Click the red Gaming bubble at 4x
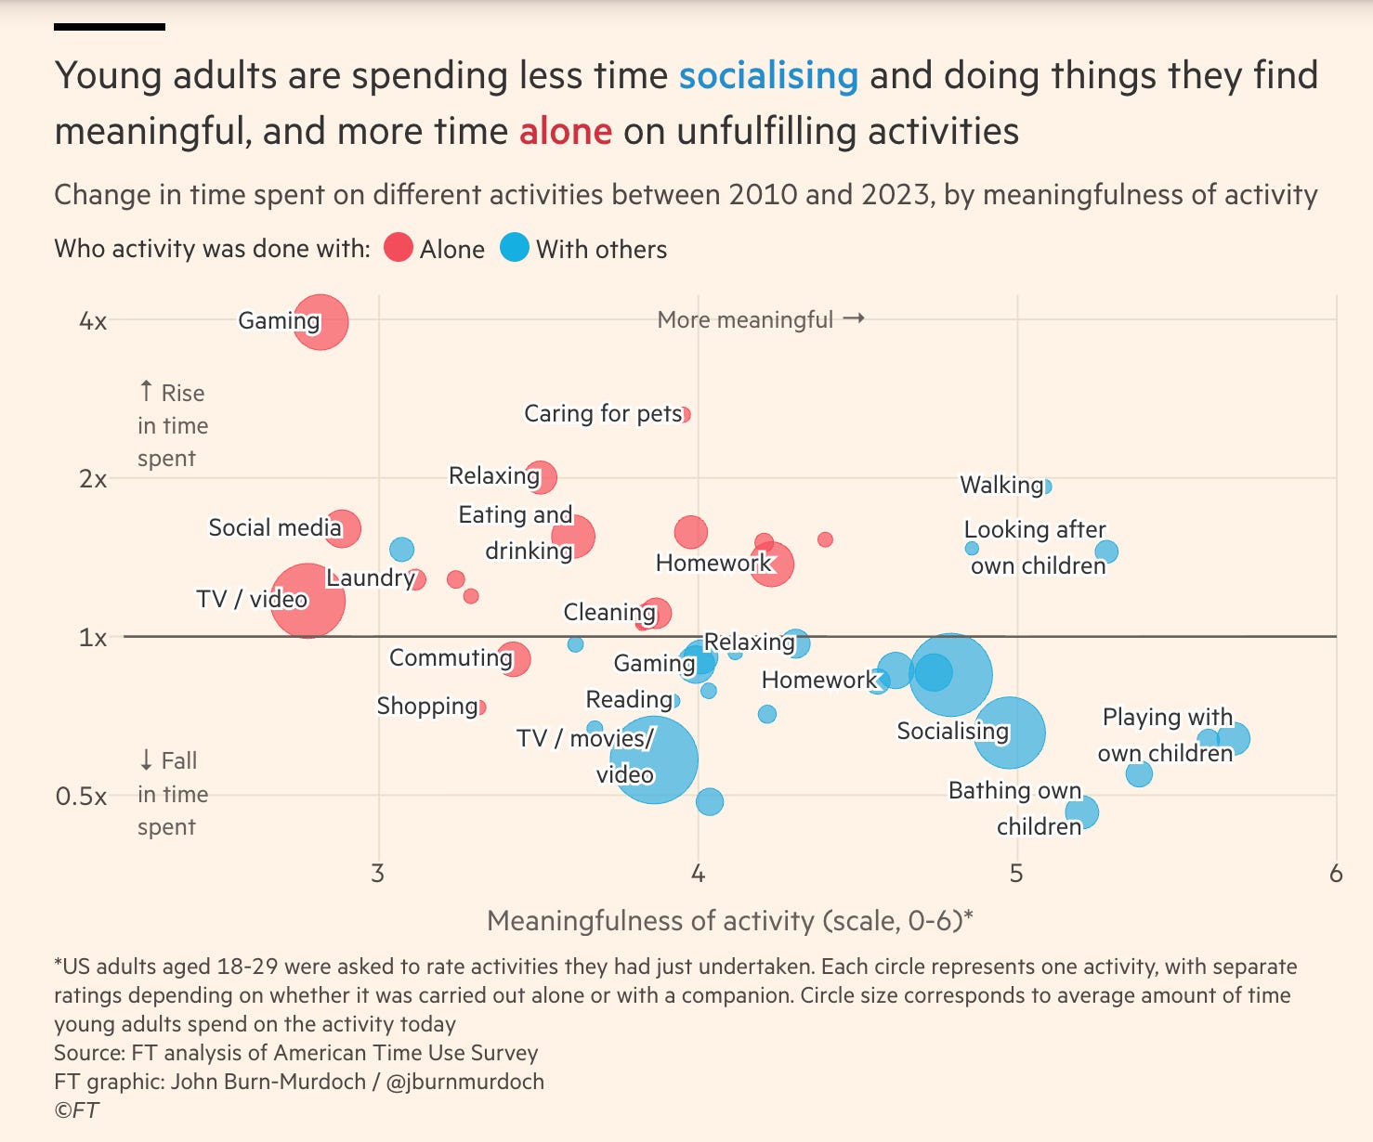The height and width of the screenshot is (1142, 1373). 321,321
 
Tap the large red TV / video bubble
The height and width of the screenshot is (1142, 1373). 307,600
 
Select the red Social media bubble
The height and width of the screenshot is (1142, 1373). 343,528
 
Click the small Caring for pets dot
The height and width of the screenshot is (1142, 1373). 686,414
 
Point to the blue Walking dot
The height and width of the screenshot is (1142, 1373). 1047,486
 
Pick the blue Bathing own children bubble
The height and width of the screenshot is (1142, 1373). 1081,812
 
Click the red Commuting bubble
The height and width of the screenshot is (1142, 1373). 514,659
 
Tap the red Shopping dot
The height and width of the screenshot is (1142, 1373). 480,707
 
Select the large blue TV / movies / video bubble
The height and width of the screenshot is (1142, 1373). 654,759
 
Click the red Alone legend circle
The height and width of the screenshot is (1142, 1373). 399,249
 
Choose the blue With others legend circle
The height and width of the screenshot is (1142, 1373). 515,249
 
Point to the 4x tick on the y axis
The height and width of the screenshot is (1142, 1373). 93,321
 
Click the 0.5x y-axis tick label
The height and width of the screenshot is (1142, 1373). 81,797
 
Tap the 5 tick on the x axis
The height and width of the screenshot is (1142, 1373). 1016,874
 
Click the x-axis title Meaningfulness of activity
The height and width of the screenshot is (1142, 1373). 729,921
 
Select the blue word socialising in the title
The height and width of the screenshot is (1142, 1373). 768,76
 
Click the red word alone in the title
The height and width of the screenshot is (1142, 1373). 565,132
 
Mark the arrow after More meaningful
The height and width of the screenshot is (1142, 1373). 855,319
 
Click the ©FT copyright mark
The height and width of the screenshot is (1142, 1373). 76,1110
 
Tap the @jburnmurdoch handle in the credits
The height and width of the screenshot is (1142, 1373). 464,1082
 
